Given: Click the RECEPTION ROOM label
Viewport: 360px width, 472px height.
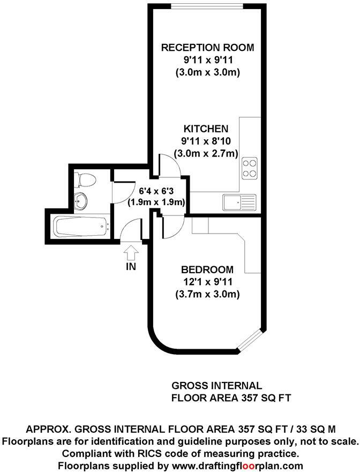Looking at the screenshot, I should (x=207, y=48).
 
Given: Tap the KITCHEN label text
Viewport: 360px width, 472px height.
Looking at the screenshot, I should (x=206, y=129).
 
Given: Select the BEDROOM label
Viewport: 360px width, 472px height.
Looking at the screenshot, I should (x=207, y=269).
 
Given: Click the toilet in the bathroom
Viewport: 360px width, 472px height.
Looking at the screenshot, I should (x=84, y=178).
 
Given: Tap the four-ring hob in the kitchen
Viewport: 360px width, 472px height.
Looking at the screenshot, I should (x=249, y=168).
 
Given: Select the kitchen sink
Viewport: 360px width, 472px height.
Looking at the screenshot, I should (x=239, y=203).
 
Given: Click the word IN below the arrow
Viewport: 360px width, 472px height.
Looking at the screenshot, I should (x=131, y=266).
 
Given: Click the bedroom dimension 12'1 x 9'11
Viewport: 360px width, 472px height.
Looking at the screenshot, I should (x=207, y=281).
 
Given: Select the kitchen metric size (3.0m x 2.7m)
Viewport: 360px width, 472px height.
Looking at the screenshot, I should (x=207, y=154).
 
